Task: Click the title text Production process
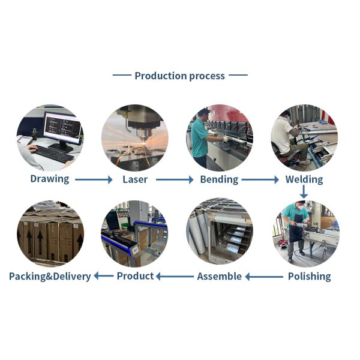click(x=179, y=76)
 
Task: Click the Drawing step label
click(x=50, y=179)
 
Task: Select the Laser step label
click(x=135, y=179)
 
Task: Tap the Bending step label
click(x=219, y=179)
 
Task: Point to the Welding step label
click(x=304, y=179)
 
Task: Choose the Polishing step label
click(x=309, y=276)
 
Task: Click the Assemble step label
click(x=220, y=276)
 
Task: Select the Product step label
click(x=135, y=276)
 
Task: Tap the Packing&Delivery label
click(x=50, y=276)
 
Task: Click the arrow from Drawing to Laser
click(x=94, y=179)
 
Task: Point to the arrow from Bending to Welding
click(x=260, y=179)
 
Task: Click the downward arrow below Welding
click(x=304, y=192)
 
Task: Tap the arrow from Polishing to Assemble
click(x=264, y=277)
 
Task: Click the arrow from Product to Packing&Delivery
click(x=104, y=277)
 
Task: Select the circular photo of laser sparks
click(x=134, y=137)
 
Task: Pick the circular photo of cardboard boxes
click(x=50, y=234)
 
